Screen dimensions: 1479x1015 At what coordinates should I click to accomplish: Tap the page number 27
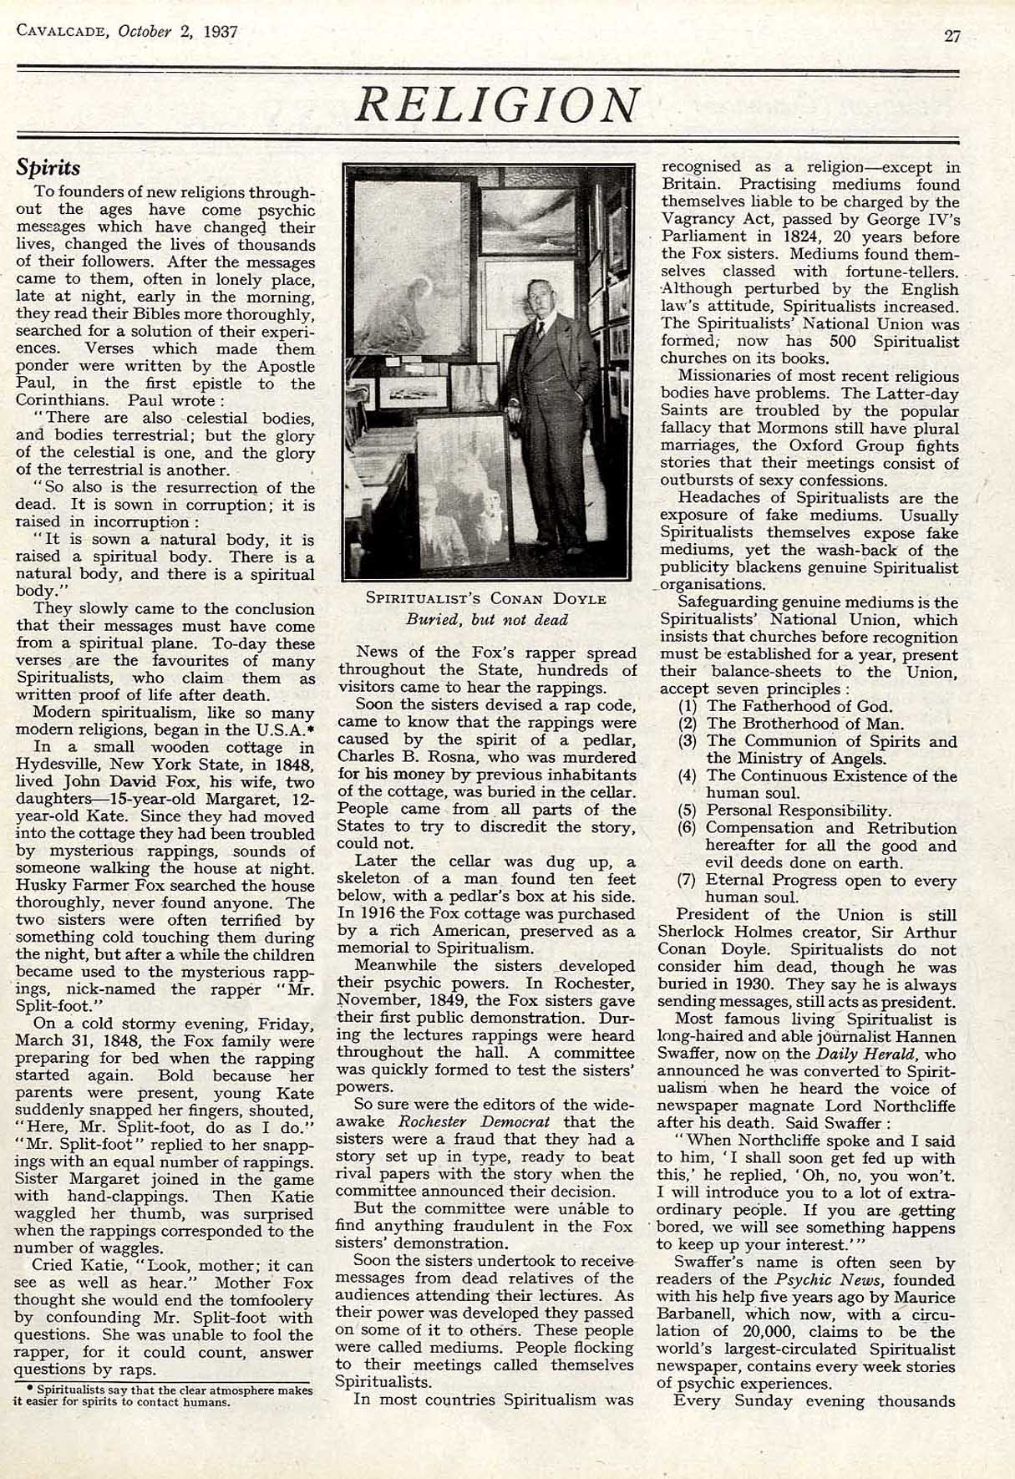coord(952,34)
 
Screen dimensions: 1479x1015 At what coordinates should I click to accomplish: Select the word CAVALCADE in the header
coord(63,32)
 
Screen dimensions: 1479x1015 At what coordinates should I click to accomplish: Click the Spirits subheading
coord(48,166)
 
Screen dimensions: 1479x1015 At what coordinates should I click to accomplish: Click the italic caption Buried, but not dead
coord(486,620)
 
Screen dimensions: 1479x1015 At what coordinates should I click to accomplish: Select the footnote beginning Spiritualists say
coord(165,1396)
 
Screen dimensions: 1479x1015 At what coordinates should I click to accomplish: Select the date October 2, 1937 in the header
coord(178,32)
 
